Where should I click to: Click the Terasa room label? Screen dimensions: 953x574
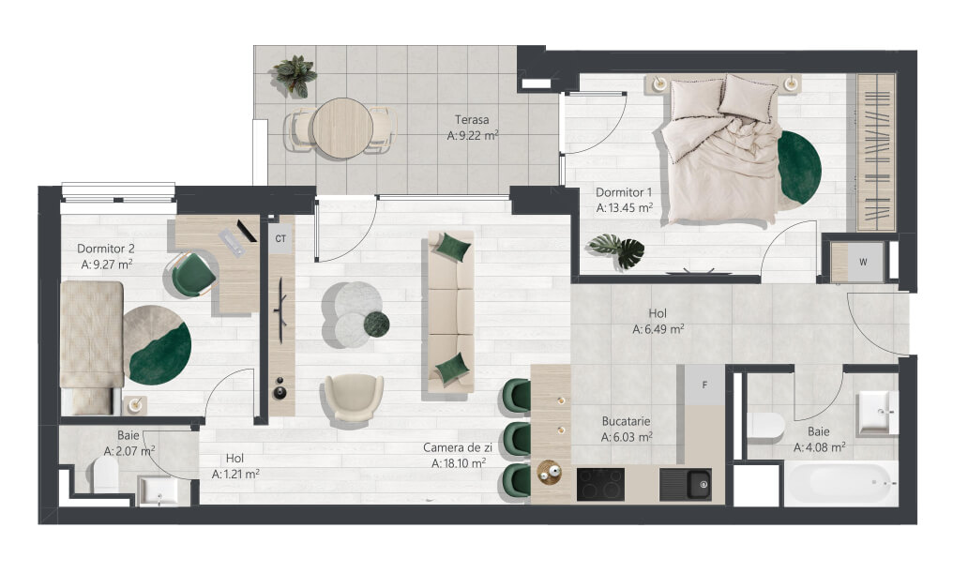[x=472, y=120]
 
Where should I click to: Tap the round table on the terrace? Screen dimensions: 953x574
[x=342, y=128]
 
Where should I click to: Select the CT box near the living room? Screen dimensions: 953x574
[x=280, y=239]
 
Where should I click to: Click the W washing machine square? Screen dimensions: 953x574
[x=863, y=263]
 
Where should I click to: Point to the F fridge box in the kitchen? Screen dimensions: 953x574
[x=704, y=385]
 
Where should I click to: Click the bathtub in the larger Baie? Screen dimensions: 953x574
[x=840, y=484]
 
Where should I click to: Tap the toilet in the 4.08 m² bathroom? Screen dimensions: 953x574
[x=765, y=425]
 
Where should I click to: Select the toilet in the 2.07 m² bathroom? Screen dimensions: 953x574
[x=106, y=475]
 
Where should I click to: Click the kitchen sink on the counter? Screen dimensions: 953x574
[x=687, y=485]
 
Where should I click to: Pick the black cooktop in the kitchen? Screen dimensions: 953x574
[x=600, y=484]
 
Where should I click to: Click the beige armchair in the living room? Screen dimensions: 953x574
[x=354, y=398]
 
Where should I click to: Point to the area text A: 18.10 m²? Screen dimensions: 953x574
[x=459, y=463]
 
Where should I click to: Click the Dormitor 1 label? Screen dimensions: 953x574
[x=624, y=192]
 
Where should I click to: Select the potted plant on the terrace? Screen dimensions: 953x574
[x=295, y=76]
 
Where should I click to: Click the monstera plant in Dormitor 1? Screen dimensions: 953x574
[x=617, y=250]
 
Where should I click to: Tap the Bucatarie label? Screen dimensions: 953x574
[x=626, y=421]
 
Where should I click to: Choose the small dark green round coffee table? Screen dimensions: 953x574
[x=377, y=324]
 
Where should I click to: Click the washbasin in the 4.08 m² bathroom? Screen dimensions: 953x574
[x=878, y=413]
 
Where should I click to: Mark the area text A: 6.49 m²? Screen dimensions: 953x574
[x=658, y=329]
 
